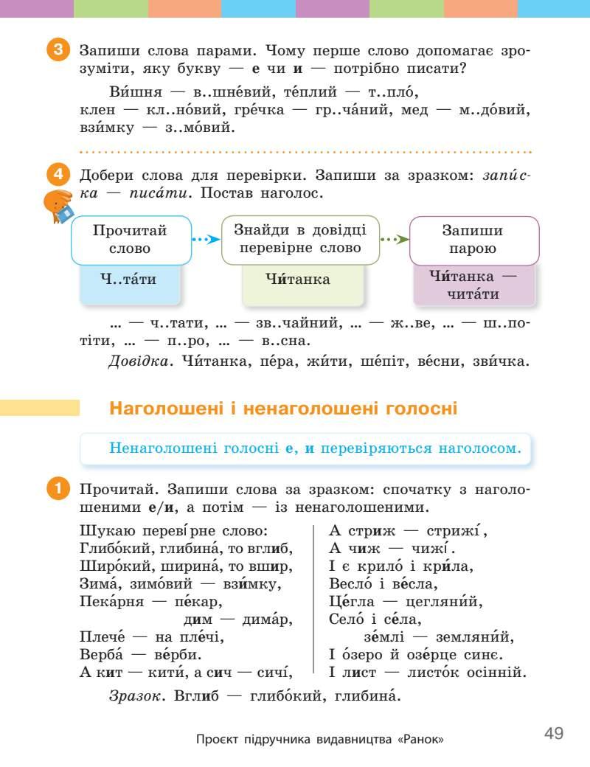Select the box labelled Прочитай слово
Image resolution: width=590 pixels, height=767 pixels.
(x=130, y=240)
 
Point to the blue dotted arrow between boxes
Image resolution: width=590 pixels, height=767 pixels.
(x=206, y=239)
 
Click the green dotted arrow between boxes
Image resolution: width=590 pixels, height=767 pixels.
(x=394, y=239)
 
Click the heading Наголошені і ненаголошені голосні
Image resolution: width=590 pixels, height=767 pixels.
(x=283, y=408)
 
